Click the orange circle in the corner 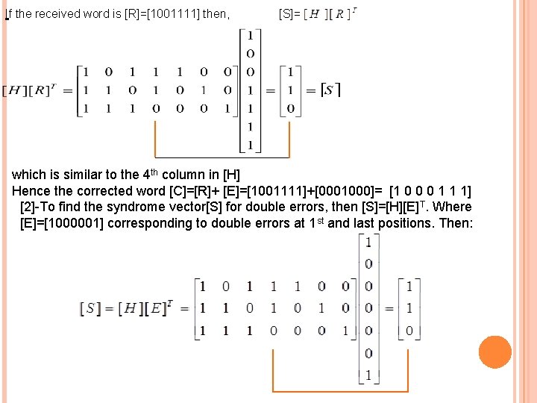pyautogui.click(x=494, y=352)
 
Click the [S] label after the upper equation pyautogui.click(x=330, y=90)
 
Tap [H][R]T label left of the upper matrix pyautogui.click(x=33, y=91)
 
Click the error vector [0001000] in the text pyautogui.click(x=345, y=191)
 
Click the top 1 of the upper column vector pyautogui.click(x=250, y=36)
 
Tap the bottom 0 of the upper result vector pyautogui.click(x=290, y=109)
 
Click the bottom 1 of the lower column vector pyautogui.click(x=368, y=375)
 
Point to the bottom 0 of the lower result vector pyautogui.click(x=408, y=330)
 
